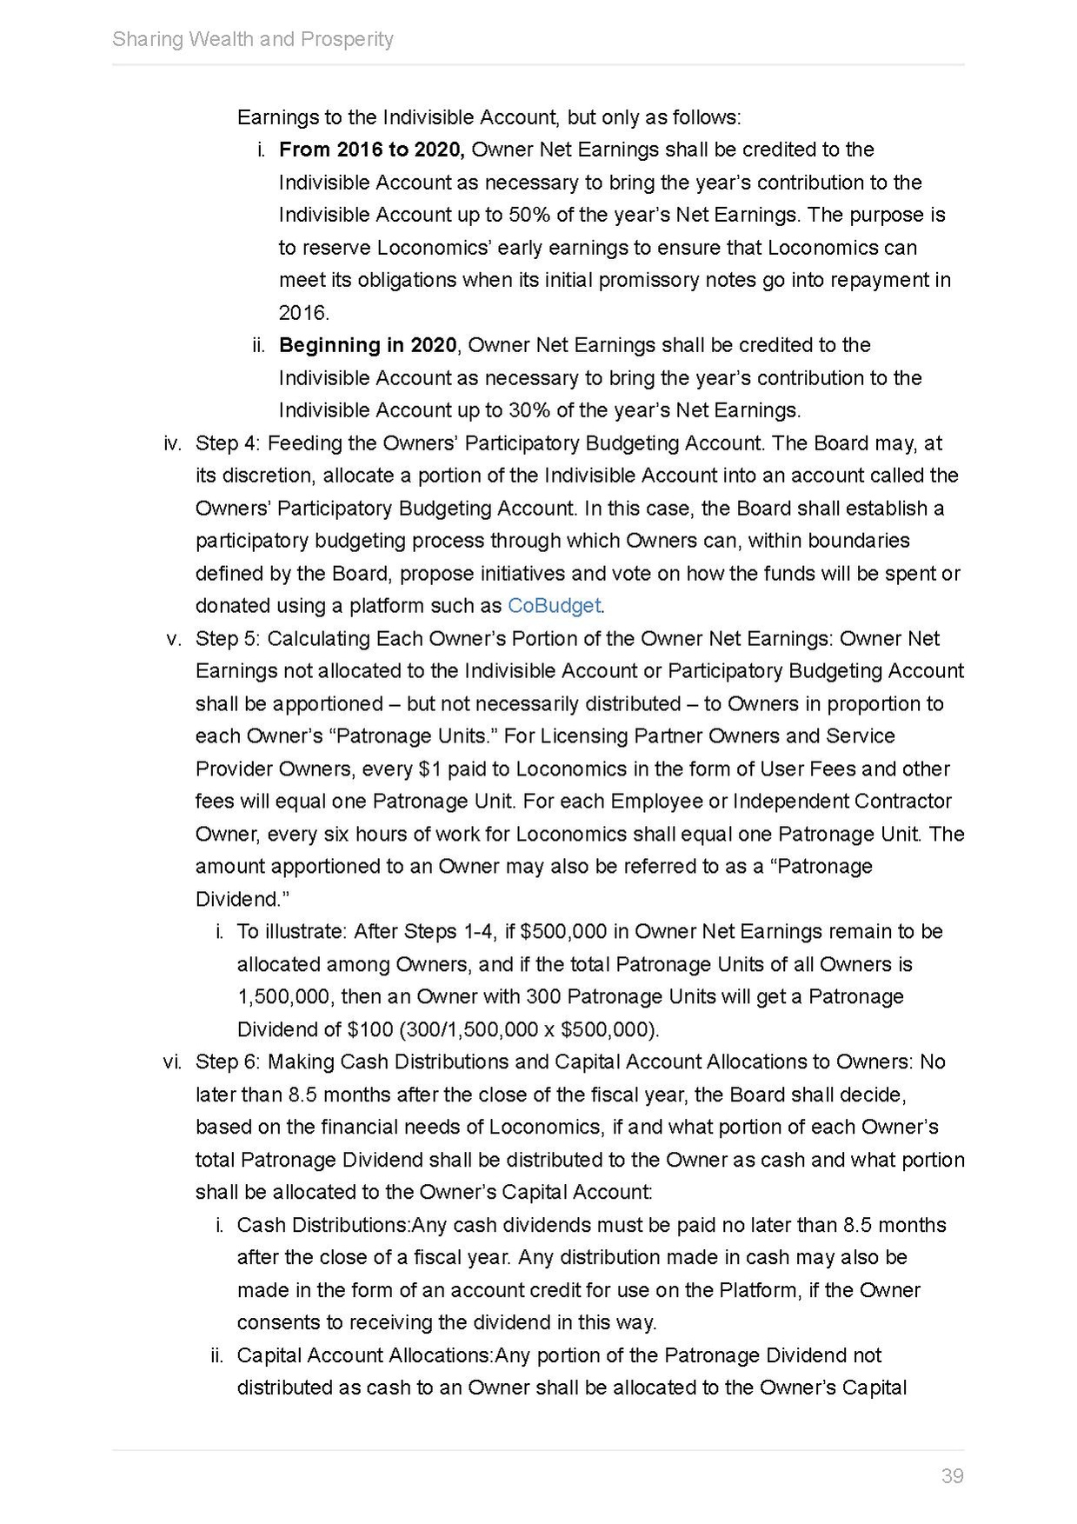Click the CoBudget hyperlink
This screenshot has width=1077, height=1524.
[x=554, y=606]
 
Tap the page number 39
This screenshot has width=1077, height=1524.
[x=952, y=1475]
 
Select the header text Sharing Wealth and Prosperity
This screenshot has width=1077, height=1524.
[x=253, y=39]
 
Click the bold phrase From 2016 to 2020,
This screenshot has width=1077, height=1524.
[x=372, y=150]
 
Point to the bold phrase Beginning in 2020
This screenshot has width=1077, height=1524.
[x=367, y=345]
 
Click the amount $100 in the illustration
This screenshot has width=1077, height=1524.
[x=369, y=1030]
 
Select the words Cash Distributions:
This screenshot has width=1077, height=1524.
[x=323, y=1225]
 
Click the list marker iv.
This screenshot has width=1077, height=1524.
[x=172, y=443]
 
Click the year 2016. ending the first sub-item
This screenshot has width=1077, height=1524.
[x=303, y=313]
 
